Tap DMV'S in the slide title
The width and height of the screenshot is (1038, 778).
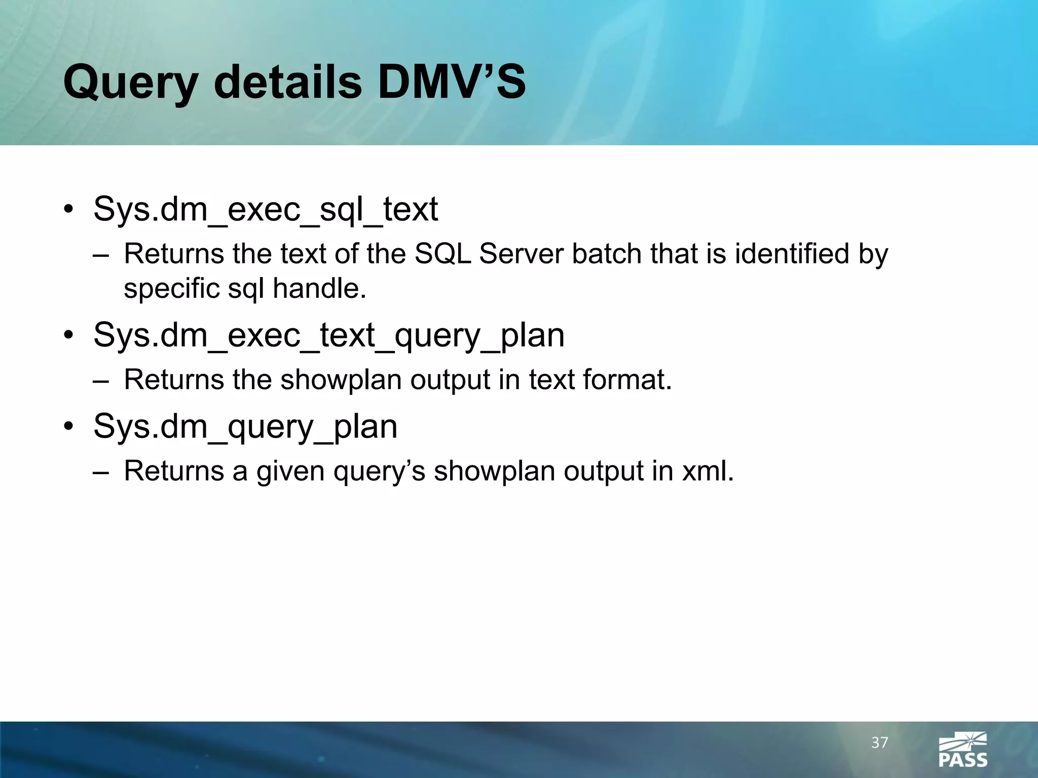[x=452, y=82]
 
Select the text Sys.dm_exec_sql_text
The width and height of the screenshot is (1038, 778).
[x=266, y=209]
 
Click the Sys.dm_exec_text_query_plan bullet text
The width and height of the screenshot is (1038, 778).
[x=328, y=335]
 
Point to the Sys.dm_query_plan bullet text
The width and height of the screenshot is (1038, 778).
[x=245, y=426]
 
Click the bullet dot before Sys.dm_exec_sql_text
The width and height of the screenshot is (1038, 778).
[x=69, y=211]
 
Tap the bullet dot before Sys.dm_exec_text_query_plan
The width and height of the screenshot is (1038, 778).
[x=69, y=336]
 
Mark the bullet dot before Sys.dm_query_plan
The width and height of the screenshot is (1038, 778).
[x=69, y=427]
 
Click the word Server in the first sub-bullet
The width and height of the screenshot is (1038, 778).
[x=521, y=254]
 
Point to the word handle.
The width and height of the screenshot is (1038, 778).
[x=319, y=289]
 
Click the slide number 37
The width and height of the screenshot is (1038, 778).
[x=880, y=743]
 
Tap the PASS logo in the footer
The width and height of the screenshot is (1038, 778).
[x=963, y=750]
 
